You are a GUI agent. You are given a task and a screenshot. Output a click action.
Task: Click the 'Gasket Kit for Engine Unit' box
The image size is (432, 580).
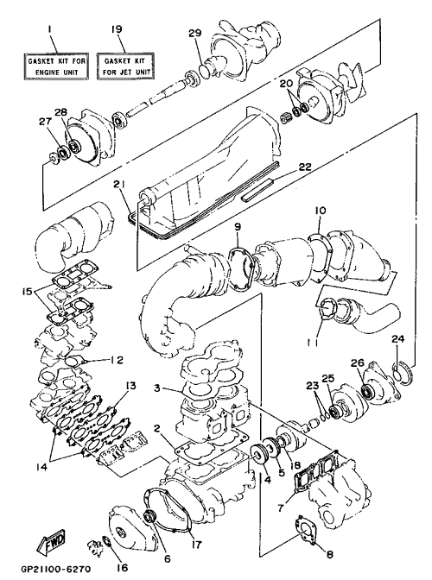click(56, 66)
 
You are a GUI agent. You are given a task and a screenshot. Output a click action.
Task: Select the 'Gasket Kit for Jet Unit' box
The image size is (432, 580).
click(125, 66)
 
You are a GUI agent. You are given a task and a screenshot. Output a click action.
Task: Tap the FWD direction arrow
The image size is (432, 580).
click(52, 542)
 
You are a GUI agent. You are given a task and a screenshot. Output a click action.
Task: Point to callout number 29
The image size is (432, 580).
click(195, 33)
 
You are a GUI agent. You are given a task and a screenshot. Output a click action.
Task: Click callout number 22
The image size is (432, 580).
click(305, 167)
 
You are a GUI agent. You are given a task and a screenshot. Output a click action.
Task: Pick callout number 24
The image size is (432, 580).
click(398, 339)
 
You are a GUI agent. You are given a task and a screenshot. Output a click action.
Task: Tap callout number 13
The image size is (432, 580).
click(130, 386)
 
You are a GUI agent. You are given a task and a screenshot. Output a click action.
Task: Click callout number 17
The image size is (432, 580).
click(197, 544)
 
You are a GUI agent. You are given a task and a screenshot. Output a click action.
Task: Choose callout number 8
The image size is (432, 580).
click(330, 554)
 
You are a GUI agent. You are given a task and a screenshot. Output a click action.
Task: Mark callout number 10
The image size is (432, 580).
click(321, 211)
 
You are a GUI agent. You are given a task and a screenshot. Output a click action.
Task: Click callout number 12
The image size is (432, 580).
click(117, 360)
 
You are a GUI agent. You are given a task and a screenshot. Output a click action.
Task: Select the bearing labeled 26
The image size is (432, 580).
click(369, 392)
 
